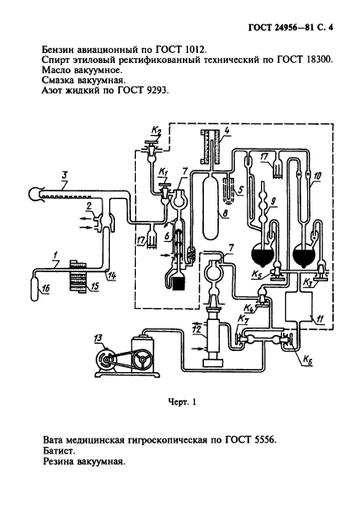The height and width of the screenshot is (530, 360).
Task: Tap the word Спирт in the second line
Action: coord(55,60)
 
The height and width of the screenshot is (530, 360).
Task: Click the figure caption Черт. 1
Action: coord(182,402)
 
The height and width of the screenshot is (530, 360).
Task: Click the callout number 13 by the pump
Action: coord(99,338)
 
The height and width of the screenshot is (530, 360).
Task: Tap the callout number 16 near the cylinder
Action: coord(45,288)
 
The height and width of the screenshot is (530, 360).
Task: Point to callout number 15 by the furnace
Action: coord(95,286)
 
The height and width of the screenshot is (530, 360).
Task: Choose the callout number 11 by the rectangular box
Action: coord(321,318)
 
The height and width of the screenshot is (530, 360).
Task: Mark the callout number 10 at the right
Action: coord(317,176)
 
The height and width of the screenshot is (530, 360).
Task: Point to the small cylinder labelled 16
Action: coord(35,286)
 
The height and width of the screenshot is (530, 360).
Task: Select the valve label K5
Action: coord(257,275)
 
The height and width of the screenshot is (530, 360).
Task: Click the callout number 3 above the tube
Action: coord(65,176)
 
